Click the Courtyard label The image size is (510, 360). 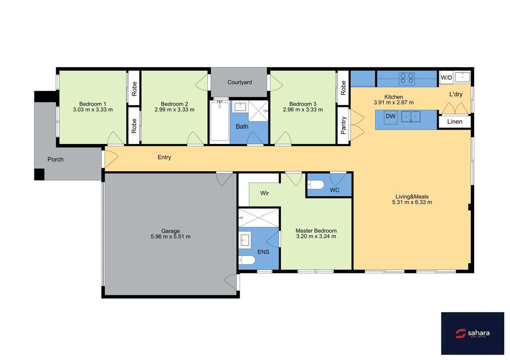(239, 82)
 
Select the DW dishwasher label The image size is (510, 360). (391, 116)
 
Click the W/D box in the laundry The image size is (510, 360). (446, 78)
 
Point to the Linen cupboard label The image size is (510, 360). (454, 122)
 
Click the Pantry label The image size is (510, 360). (343, 125)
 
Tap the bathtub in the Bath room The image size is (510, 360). (219, 122)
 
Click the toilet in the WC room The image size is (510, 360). (316, 185)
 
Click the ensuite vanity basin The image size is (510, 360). (245, 240)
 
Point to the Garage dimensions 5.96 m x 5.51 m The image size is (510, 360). (170, 236)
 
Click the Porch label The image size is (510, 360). (55, 159)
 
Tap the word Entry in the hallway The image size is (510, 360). (164, 157)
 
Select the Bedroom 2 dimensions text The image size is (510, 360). (174, 109)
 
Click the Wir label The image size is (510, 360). (264, 193)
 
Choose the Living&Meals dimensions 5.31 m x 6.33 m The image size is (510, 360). (412, 202)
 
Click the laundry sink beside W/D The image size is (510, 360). (462, 77)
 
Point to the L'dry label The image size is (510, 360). (456, 94)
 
